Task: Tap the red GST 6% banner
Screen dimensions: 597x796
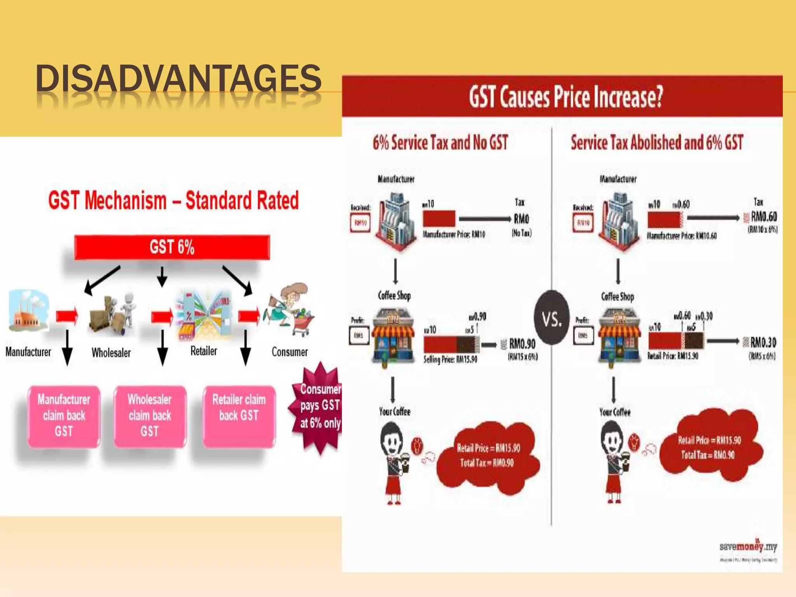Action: [x=172, y=247]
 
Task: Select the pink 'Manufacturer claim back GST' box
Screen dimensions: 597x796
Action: [x=64, y=416]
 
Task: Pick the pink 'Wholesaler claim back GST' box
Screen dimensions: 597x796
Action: [x=150, y=416]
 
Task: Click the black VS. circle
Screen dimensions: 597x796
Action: [x=552, y=318]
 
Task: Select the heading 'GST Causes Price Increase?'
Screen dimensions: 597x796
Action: [x=566, y=97]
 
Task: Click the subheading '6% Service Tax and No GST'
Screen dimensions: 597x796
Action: [x=440, y=142]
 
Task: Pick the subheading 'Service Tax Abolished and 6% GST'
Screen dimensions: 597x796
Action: [x=657, y=142]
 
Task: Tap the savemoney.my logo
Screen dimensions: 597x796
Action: [x=748, y=547]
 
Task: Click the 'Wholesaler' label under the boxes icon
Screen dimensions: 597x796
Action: [x=111, y=353]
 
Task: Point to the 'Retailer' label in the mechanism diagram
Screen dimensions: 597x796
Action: [x=204, y=351]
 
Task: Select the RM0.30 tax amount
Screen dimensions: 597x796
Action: [x=763, y=342]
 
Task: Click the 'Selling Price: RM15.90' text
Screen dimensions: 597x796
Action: [x=450, y=360]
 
